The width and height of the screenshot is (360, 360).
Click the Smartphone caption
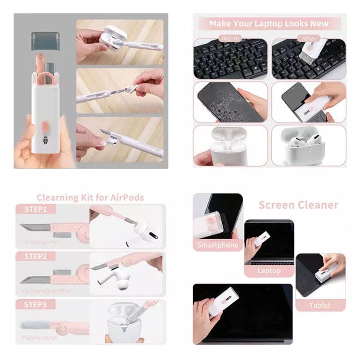218,245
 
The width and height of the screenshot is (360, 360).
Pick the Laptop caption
269,270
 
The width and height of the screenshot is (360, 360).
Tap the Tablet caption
320,305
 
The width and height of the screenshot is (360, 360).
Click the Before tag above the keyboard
230,38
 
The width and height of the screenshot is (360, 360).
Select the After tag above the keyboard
308,38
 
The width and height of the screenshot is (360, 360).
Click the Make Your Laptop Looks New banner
269,23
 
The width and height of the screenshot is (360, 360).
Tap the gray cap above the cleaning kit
45,40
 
